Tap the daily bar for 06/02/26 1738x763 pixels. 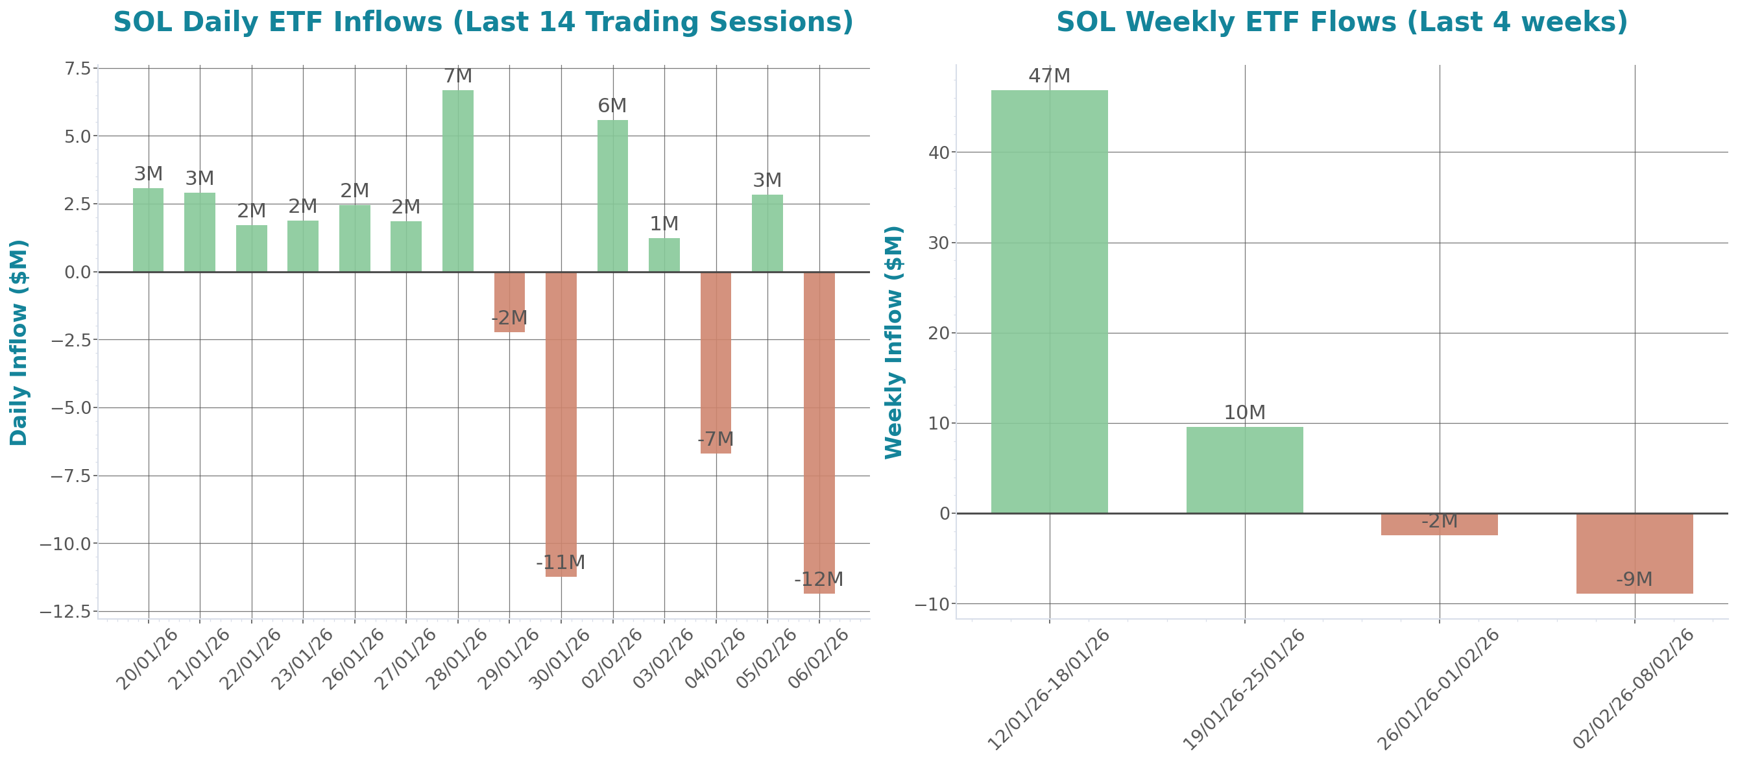pos(819,431)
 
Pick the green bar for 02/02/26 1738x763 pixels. pos(612,196)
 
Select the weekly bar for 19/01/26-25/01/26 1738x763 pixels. pos(1244,470)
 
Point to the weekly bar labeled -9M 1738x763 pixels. pos(1634,553)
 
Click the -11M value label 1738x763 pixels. pos(560,562)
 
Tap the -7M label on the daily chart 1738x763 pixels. pos(715,439)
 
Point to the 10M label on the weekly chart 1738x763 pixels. pos(1244,412)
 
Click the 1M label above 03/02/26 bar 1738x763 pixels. pos(664,223)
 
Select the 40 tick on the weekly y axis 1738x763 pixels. pos(939,152)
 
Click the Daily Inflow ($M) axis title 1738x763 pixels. pos(18,342)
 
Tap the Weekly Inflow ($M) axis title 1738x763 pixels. pos(893,342)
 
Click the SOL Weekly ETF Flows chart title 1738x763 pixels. pos(1341,21)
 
